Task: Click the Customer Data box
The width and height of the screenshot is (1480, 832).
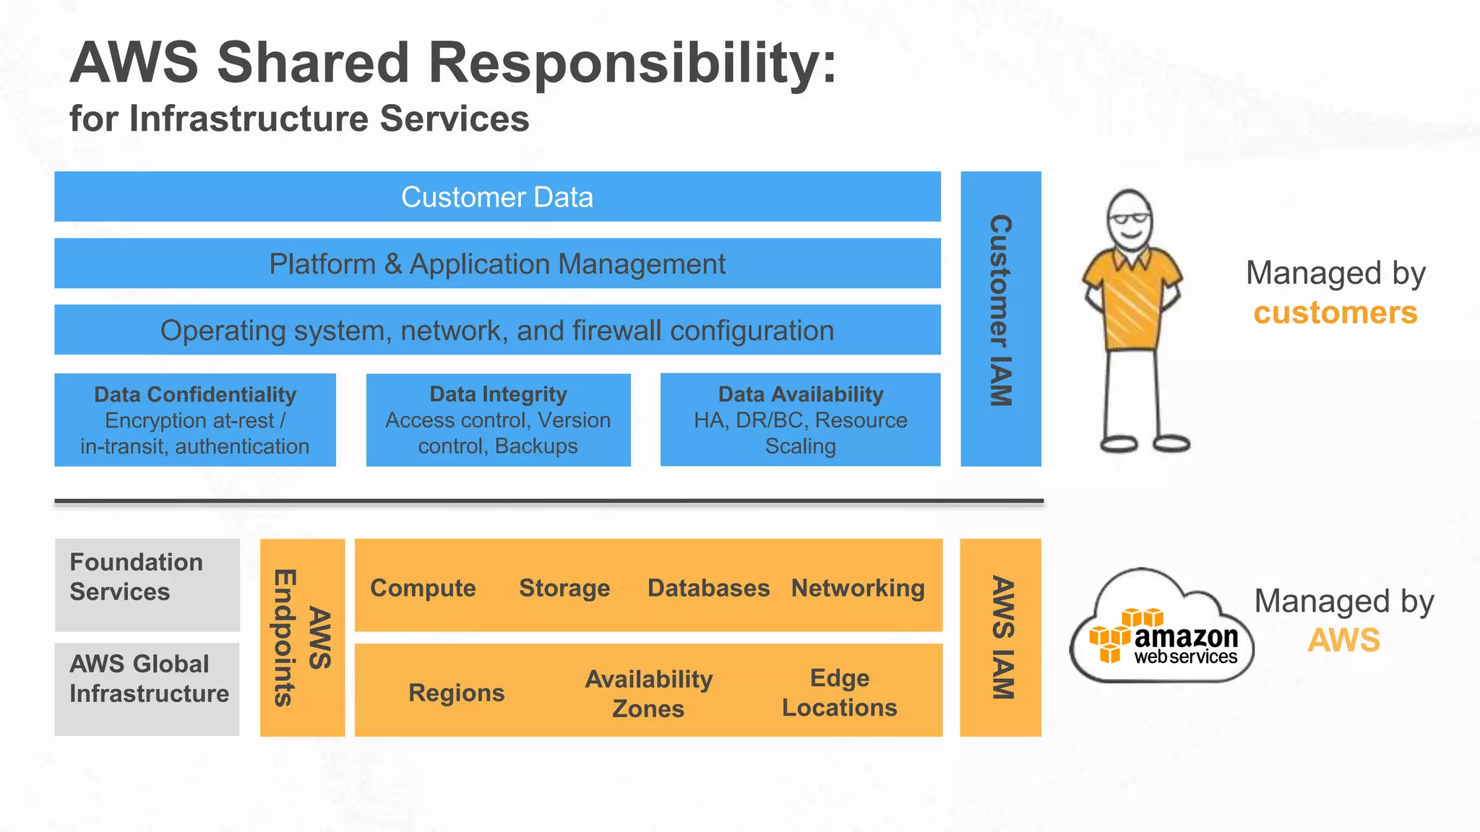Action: pyautogui.click(x=497, y=196)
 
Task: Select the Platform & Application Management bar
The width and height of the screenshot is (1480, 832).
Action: pyautogui.click(x=497, y=264)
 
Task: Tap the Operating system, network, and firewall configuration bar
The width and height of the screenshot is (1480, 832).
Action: pyautogui.click(x=497, y=330)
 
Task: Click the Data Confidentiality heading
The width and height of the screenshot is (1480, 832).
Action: pyautogui.click(x=195, y=394)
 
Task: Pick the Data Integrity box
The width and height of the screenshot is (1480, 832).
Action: pyautogui.click(x=498, y=420)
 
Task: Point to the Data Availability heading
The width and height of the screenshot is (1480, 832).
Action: pyautogui.click(x=801, y=394)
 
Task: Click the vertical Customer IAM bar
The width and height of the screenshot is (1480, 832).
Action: pyautogui.click(x=1000, y=318)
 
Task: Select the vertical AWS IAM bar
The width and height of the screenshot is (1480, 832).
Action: pyautogui.click(x=1000, y=637)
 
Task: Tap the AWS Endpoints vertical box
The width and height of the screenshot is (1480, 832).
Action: pyautogui.click(x=302, y=637)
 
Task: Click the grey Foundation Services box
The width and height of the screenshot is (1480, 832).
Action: pyautogui.click(x=147, y=584)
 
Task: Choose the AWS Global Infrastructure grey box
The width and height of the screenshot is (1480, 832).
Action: pyautogui.click(x=147, y=688)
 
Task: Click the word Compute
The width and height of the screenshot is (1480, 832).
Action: pyautogui.click(x=423, y=588)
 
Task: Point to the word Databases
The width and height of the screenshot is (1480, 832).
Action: pyautogui.click(x=708, y=588)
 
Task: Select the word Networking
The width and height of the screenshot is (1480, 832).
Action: pyautogui.click(x=858, y=588)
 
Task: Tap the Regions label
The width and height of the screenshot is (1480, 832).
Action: pyautogui.click(x=456, y=693)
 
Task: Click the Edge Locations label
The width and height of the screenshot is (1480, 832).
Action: pyautogui.click(x=839, y=693)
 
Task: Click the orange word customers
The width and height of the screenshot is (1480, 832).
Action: pyautogui.click(x=1335, y=313)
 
